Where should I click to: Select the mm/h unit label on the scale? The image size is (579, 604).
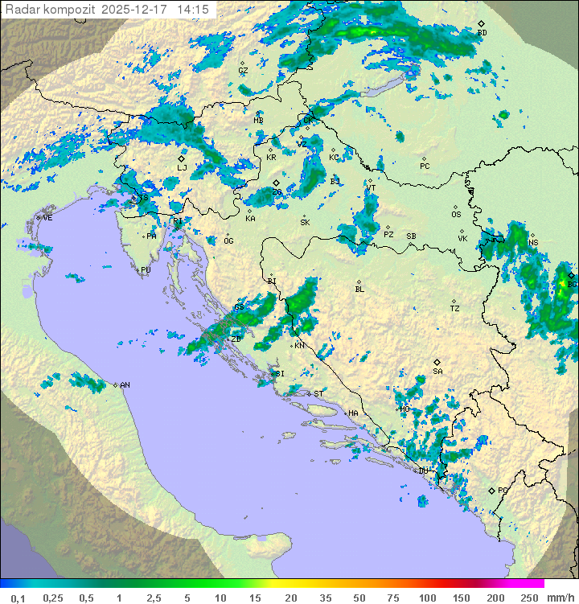coord(560,598)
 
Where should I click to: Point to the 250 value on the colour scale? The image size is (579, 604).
coord(528,598)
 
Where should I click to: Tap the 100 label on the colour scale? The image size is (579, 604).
coord(427,598)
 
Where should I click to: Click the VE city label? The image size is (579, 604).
coord(47,218)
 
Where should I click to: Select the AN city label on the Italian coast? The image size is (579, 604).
coord(125,385)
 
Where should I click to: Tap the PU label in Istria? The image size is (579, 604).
coord(146,270)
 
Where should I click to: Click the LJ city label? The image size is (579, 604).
coord(183,168)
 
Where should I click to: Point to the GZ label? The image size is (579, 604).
coord(243,71)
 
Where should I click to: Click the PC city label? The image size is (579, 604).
coord(425,166)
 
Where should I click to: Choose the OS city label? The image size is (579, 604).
coord(456,215)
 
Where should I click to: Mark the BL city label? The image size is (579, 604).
coord(359,289)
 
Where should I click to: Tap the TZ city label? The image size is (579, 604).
coord(455,309)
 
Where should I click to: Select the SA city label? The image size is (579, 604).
coord(437,371)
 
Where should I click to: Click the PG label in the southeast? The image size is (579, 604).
coord(503,490)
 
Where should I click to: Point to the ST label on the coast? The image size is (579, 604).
coord(318,394)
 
